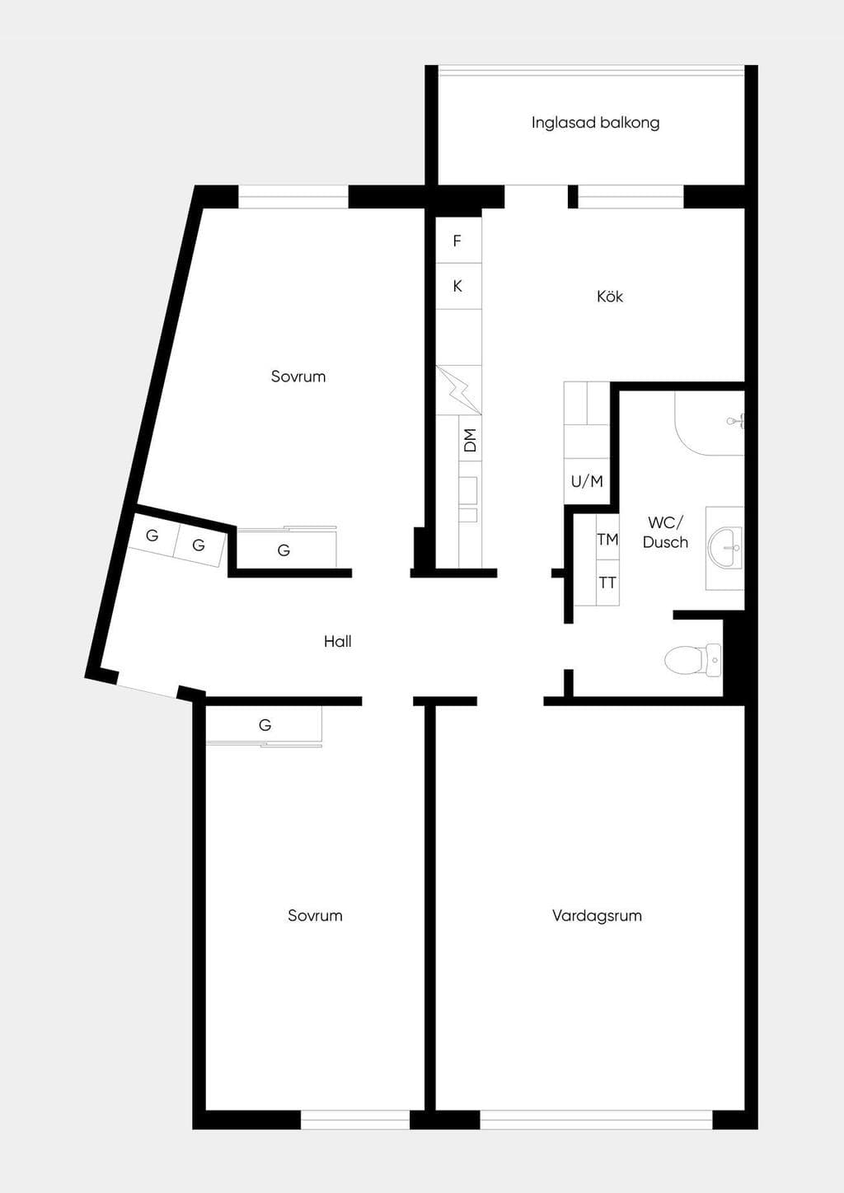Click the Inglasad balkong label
pos(595,123)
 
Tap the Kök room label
pos(610,296)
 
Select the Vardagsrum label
pos(597,916)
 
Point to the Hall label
pos(337,641)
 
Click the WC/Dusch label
pos(665,532)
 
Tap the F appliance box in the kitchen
pos(459,241)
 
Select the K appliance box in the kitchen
pos(459,286)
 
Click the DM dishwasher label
pos(470,440)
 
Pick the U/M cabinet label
pos(587,481)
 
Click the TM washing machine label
pos(607,540)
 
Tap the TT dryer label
pos(607,582)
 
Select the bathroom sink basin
pos(725,548)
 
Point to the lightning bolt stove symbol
pos(459,390)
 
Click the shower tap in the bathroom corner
pos(736,421)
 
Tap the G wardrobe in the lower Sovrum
pos(265,725)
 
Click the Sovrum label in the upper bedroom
pos(298,377)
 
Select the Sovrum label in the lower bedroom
pos(315,915)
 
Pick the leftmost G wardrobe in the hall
pos(152,536)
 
